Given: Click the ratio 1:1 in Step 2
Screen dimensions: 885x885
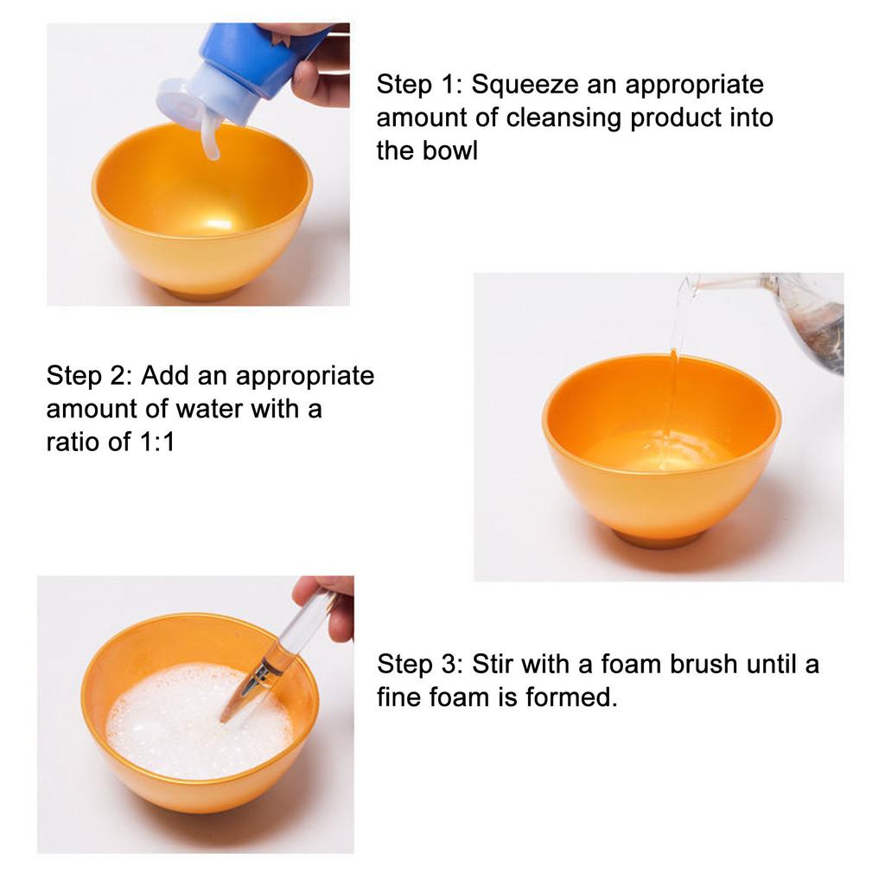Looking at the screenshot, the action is [156, 442].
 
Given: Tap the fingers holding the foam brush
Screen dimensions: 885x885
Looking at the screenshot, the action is [328, 604].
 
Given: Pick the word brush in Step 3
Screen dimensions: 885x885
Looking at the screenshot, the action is [704, 665].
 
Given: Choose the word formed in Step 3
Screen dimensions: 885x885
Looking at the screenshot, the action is [571, 697].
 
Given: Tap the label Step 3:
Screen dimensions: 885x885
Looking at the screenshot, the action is [420, 665].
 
